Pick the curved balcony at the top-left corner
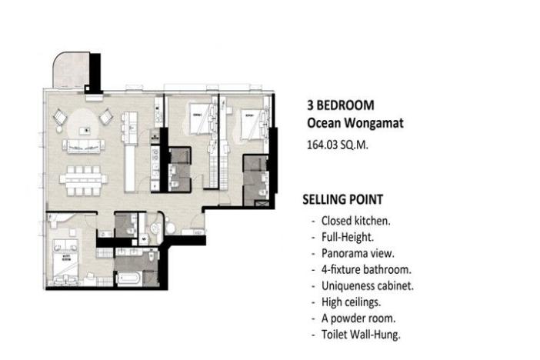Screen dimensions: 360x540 71,71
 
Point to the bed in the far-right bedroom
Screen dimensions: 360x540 248,123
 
